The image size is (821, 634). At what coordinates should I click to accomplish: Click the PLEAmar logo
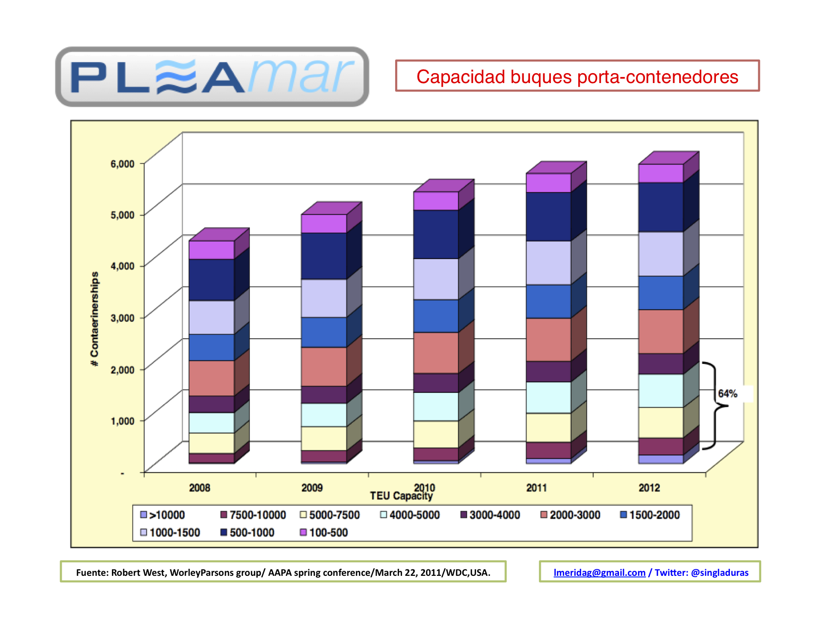212,77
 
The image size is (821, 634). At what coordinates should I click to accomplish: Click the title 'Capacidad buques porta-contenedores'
577,77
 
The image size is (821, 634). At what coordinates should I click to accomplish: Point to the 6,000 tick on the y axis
122,164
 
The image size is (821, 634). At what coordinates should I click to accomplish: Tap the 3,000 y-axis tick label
122,318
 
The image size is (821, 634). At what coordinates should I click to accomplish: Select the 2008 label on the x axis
200,488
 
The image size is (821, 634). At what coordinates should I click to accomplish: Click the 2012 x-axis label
649,488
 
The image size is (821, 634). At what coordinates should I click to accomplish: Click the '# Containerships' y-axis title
95,319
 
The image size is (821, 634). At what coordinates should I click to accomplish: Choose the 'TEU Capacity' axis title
401,496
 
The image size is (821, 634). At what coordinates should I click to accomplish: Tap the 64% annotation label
727,394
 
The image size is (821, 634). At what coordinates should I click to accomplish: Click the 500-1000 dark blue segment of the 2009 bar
323,256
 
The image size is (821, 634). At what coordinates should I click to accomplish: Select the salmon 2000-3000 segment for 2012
661,331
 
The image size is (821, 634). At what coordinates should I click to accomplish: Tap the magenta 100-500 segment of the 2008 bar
211,250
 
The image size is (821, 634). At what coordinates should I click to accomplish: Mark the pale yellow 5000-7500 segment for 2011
548,428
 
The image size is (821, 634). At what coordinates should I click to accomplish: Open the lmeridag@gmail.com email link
599,572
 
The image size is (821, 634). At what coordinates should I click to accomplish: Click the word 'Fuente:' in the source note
92,572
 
